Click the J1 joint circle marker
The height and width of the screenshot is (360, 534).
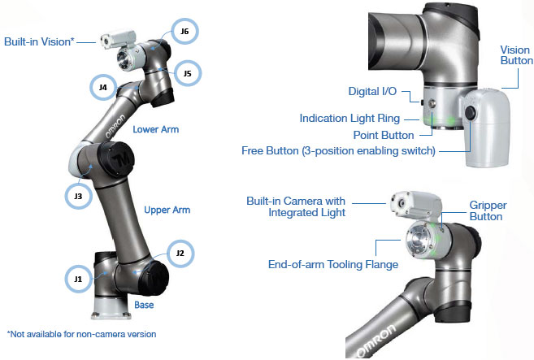pos(77,279)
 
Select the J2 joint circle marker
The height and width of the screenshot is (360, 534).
pos(180,254)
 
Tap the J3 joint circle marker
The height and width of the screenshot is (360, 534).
pos(78,196)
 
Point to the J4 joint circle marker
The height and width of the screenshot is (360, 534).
pos(102,87)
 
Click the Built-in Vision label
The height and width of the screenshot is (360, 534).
pos(39,41)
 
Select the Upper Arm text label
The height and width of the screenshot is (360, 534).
pos(167,210)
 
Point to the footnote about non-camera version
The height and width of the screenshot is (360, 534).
pos(80,334)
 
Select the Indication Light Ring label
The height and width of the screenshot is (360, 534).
pos(361,119)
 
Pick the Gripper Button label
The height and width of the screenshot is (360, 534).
pos(486,211)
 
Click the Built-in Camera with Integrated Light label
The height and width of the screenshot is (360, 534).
pos(296,207)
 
